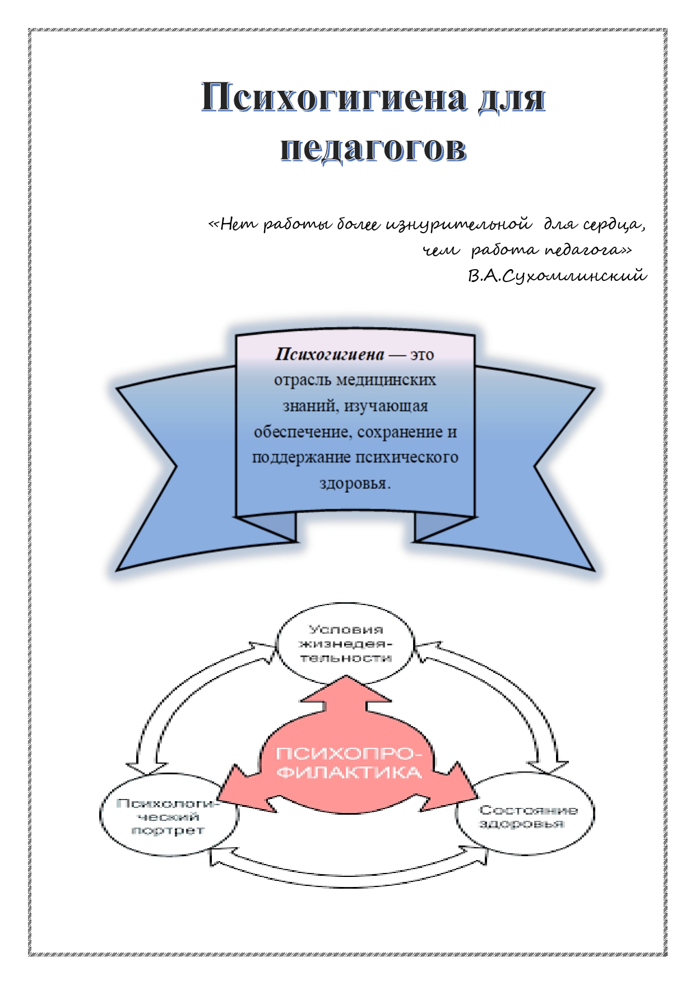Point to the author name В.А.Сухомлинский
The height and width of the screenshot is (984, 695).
coord(557,276)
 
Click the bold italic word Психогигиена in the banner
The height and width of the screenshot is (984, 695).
coord(330,354)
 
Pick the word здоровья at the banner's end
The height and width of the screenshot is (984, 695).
coord(354,483)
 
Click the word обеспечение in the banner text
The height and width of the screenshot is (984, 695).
coord(303,432)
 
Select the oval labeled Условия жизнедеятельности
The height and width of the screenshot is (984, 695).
coord(345,644)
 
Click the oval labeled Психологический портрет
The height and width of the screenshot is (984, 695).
coord(168,816)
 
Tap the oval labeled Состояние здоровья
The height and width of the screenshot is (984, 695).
coord(527,816)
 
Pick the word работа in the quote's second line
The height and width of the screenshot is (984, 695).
coord(504,250)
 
